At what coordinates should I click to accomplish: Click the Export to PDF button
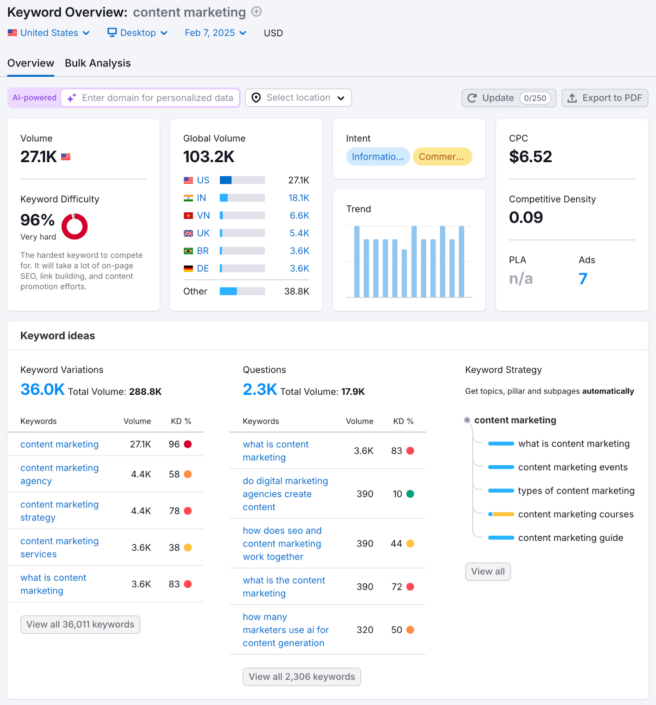click(x=604, y=98)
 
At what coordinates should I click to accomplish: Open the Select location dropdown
click(x=298, y=98)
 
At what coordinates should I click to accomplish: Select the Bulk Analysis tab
click(x=97, y=63)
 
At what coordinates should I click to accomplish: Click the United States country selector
click(x=49, y=33)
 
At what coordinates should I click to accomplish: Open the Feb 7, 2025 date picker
click(x=215, y=33)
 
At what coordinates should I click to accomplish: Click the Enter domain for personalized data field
click(x=157, y=98)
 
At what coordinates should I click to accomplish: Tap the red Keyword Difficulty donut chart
click(x=75, y=226)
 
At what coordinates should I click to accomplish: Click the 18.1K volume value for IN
click(x=298, y=198)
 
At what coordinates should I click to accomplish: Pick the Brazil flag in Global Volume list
click(x=188, y=251)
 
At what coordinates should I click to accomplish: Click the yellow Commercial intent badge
click(x=442, y=157)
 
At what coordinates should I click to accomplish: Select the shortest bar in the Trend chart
click(x=404, y=273)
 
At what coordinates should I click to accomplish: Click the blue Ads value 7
click(x=583, y=278)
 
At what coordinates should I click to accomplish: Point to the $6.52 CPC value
click(x=530, y=157)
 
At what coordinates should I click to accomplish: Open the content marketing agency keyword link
click(x=59, y=474)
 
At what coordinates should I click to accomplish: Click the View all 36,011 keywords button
click(x=80, y=624)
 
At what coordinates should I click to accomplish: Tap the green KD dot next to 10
click(x=410, y=494)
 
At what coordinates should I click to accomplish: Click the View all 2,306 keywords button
click(x=302, y=677)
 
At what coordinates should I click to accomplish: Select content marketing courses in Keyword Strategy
click(x=575, y=514)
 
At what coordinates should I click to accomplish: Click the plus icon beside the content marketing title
click(x=257, y=12)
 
